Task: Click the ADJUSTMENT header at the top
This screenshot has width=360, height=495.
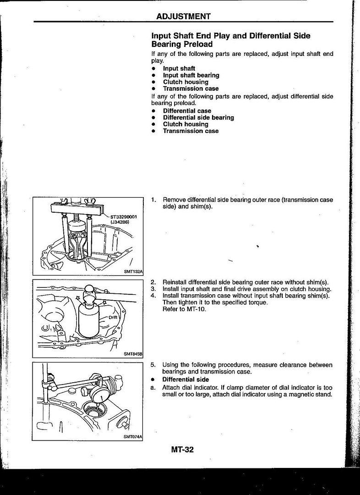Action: point(183,16)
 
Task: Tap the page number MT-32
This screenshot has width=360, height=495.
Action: point(182,450)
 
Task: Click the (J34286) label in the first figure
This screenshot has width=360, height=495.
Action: point(120,222)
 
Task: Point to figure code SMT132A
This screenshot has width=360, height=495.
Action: point(133,271)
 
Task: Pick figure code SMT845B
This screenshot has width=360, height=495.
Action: point(133,354)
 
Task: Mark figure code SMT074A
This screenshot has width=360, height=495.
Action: point(133,437)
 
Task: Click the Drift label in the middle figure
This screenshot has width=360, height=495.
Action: point(113,317)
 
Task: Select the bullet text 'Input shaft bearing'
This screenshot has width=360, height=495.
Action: point(191,75)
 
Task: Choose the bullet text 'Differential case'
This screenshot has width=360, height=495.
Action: point(187,111)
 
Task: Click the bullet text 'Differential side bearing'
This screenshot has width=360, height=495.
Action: point(198,118)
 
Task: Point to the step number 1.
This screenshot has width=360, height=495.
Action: point(153,200)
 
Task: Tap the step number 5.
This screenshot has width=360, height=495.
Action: point(153,365)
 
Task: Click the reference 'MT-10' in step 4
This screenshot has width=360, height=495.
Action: point(197,309)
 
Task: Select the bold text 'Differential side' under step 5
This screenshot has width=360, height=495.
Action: point(185,379)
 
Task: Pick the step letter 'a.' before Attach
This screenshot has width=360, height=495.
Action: point(153,387)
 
